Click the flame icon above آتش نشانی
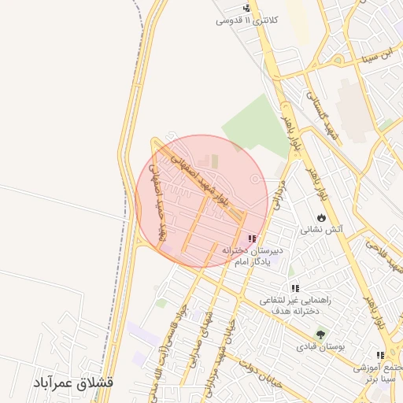pos(321,217)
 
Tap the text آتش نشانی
pos(321,231)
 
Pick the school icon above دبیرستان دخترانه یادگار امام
pos(252,238)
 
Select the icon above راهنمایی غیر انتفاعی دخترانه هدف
pos(295,288)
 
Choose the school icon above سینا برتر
pos(381,355)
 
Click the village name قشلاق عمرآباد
pos(73,383)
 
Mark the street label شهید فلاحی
pos(383,258)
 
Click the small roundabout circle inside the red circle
pos(254,180)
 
